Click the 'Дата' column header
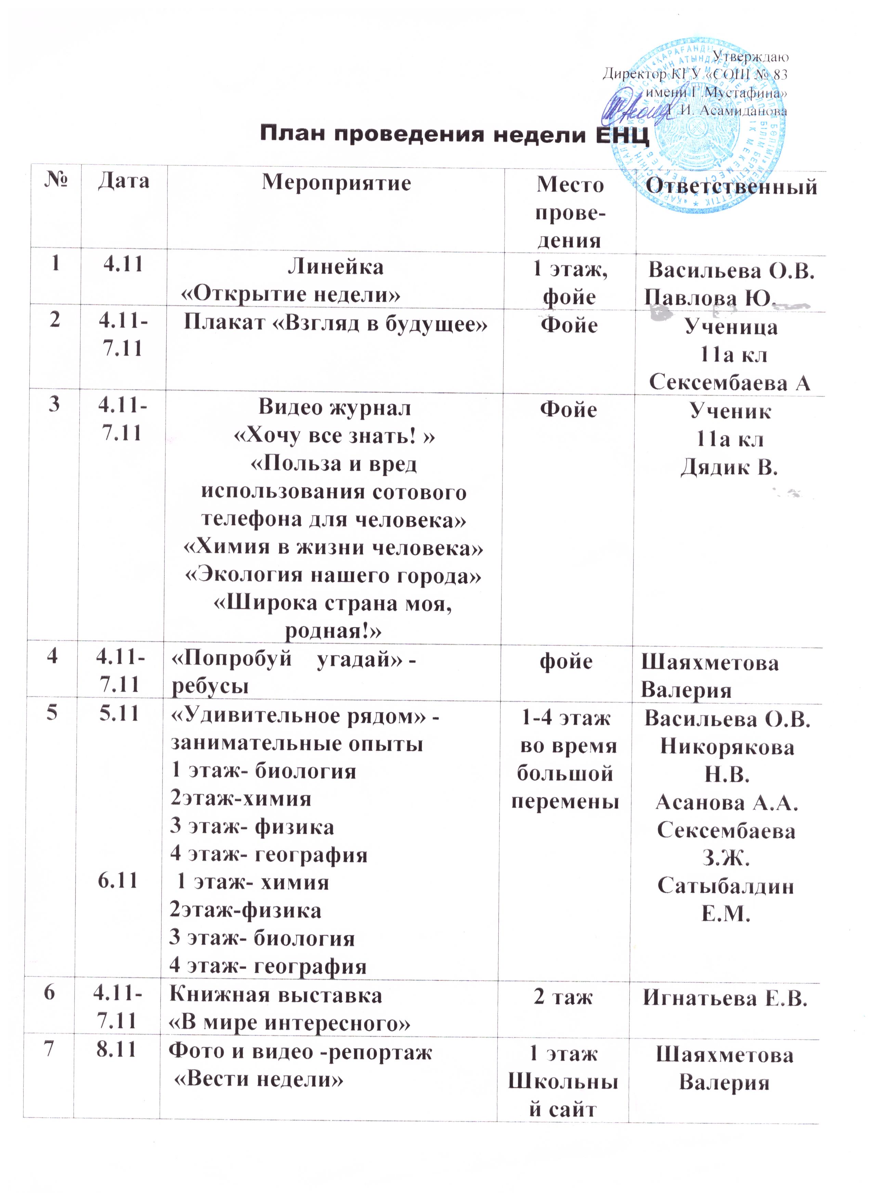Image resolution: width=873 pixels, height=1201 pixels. (x=123, y=181)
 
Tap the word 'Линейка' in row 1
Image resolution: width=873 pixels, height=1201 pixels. (x=336, y=266)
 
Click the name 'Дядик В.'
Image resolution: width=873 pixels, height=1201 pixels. (x=729, y=466)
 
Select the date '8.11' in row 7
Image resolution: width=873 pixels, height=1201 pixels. (x=118, y=1049)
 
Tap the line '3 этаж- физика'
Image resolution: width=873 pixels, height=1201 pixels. (x=252, y=827)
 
